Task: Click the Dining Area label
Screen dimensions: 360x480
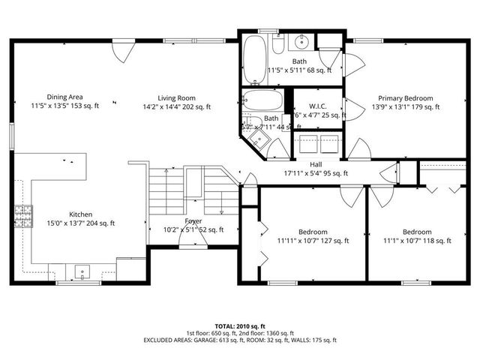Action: (64, 97)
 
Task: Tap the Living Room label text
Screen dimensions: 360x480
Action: (176, 97)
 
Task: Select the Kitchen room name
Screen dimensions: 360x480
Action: (80, 213)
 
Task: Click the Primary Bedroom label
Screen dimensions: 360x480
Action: (406, 97)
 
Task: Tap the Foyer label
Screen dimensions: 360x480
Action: (193, 221)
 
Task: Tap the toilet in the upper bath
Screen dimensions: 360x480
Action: (277, 46)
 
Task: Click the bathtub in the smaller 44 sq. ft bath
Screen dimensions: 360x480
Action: (262, 100)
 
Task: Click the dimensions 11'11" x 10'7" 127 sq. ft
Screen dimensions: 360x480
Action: (313, 241)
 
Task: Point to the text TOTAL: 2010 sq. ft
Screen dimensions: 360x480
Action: (240, 326)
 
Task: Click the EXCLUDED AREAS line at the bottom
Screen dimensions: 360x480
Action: (240, 340)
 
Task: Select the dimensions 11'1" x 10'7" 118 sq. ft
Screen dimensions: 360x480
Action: (416, 241)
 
